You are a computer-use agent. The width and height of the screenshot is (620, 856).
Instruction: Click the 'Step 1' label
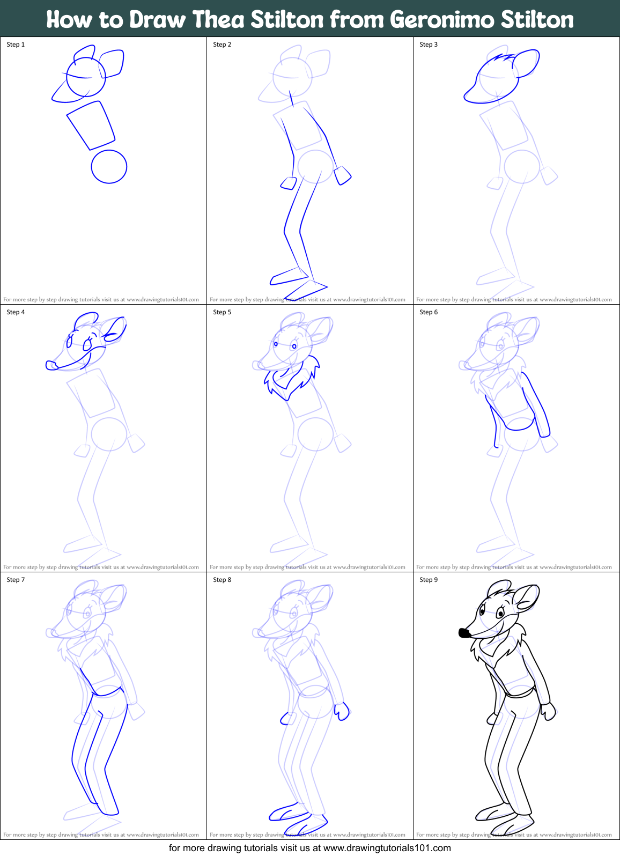point(16,45)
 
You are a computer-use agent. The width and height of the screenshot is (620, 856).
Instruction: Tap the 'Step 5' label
point(222,312)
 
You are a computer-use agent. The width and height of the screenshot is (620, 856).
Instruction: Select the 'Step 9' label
point(429,580)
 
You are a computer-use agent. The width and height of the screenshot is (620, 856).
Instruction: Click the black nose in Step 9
point(465,633)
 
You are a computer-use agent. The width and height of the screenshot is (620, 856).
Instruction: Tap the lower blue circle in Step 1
point(109,167)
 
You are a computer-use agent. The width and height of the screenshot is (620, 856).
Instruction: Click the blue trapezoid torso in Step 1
point(91,125)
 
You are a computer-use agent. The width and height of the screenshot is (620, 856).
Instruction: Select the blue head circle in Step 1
point(86,77)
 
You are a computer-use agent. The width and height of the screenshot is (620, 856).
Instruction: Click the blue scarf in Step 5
point(290,378)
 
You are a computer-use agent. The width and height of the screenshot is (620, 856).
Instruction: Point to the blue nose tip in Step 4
point(51,365)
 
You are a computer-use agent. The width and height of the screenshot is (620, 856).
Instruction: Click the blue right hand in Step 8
point(342,712)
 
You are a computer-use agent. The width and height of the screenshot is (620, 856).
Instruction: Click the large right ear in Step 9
point(526,597)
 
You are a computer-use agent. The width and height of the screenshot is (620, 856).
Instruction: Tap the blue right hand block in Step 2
point(342,175)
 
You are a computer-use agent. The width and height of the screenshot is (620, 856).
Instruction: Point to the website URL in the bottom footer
point(387,848)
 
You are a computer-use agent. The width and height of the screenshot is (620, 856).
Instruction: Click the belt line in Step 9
point(519,695)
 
